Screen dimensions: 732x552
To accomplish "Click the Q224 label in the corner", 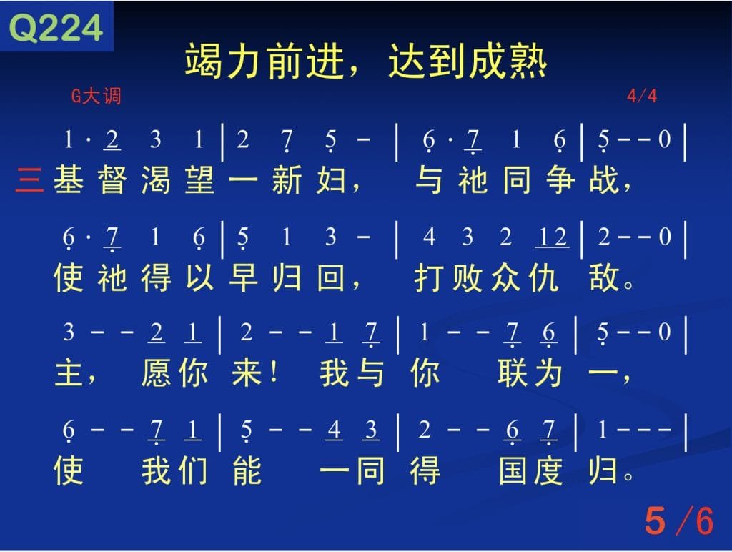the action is tap(56, 28).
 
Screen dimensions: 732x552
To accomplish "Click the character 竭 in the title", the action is tap(203, 61).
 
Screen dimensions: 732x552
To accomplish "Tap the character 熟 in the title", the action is tap(528, 61).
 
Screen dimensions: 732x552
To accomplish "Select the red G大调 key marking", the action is tap(97, 97).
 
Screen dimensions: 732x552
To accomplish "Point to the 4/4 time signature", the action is tap(642, 97).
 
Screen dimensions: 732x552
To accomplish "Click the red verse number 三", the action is tap(29, 179).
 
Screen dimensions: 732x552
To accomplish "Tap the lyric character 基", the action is tap(69, 179).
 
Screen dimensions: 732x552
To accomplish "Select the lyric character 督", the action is tap(112, 179).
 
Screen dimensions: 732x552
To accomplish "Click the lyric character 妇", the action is tap(331, 179).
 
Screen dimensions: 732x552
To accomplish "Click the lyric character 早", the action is tap(243, 278).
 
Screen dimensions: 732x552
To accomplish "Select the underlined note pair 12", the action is tap(553, 237).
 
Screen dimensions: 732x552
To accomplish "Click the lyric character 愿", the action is tap(156, 374).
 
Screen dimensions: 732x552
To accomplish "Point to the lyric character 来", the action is tap(247, 374).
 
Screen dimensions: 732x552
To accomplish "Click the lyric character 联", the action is tap(513, 374).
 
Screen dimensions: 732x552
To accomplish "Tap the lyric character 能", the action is tap(247, 470).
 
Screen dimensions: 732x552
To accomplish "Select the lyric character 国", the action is tap(513, 470).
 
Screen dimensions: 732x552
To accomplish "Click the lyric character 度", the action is tap(548, 470).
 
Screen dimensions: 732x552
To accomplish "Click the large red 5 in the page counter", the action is tap(655, 521).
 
